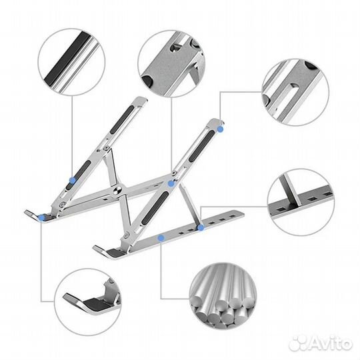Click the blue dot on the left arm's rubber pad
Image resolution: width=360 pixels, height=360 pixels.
click(73, 181)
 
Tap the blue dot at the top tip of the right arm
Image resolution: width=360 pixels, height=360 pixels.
click(220, 129)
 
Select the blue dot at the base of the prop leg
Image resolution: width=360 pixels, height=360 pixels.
click(201, 227)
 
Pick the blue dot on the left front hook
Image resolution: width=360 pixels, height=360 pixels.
click(42, 217)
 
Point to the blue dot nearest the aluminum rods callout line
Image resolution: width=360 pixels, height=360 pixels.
click(161, 238)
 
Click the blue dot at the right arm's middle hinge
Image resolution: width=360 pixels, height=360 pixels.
click(171, 183)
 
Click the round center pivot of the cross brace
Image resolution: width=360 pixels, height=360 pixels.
click(119, 190)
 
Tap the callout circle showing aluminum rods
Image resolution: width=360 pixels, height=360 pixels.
click(223, 296)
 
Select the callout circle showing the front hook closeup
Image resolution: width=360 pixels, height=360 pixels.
click(89, 302)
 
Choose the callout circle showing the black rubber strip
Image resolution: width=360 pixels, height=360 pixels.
click(71, 62)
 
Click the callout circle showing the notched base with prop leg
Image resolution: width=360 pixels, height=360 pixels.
click(301, 202)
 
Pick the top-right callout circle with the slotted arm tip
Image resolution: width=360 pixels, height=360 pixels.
click(295, 92)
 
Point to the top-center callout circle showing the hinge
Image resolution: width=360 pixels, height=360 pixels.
click(171, 64)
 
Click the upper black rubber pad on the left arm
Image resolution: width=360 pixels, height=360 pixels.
click(123, 119)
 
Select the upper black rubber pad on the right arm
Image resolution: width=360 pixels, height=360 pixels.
click(202, 145)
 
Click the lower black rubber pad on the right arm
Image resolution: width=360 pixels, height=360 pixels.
click(155, 209)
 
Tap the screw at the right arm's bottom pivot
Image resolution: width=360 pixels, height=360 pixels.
click(127, 235)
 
